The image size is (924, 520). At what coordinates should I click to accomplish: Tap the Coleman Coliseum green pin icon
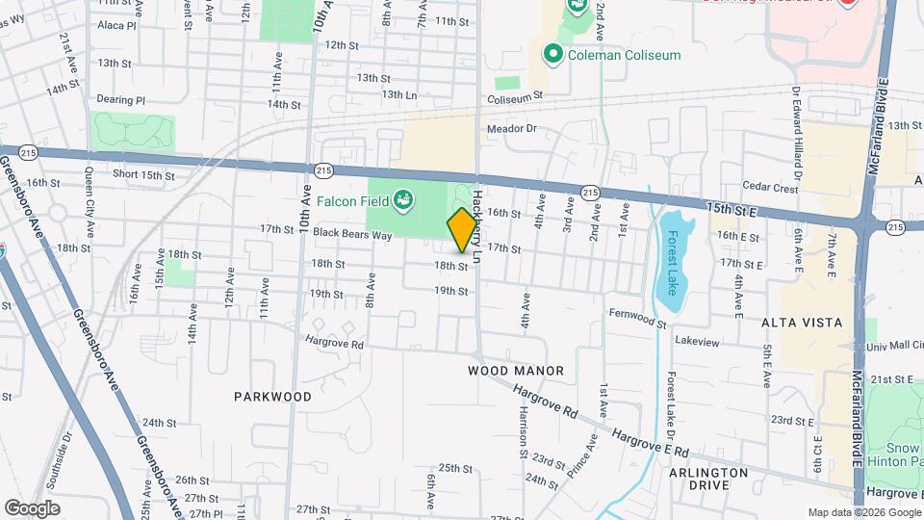coord(553,54)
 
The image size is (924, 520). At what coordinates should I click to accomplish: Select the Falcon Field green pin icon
coord(404,200)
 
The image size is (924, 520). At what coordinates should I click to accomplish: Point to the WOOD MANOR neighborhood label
coord(516,371)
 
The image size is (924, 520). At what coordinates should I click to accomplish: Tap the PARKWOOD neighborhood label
coord(273,397)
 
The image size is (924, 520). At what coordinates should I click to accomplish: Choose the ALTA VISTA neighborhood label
coord(802,323)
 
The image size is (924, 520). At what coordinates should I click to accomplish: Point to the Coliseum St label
coord(515,96)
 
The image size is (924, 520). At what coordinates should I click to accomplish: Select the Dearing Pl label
coord(120,99)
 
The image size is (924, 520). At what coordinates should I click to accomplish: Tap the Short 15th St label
coord(143,174)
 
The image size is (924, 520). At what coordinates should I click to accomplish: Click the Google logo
coord(32,507)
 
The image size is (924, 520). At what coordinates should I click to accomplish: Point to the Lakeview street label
coord(697,341)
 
